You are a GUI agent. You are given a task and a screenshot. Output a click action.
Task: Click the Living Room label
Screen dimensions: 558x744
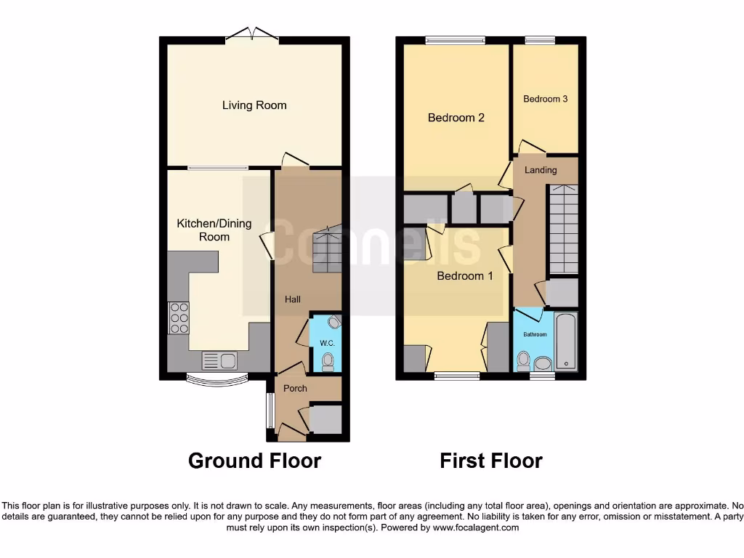pos(254,105)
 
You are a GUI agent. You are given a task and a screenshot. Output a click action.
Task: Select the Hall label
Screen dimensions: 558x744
pos(293,299)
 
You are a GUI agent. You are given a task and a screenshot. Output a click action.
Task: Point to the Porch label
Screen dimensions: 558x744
pos(295,388)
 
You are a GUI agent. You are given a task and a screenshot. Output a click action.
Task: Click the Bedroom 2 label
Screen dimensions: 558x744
pos(456,118)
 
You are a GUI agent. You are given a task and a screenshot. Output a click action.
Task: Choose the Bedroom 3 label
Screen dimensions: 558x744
pos(545,99)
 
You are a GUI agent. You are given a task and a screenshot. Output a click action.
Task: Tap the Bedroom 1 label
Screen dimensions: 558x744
pos(465,276)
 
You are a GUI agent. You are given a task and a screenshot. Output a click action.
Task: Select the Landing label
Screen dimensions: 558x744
pos(541,170)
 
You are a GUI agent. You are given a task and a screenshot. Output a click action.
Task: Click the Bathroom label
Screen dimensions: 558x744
pos(535,334)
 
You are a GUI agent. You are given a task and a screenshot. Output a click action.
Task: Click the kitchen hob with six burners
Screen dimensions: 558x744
pos(179,318)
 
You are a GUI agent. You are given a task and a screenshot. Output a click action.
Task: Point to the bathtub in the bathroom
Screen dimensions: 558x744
pos(566,341)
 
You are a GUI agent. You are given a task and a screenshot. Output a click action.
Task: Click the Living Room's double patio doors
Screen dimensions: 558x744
pos(251,36)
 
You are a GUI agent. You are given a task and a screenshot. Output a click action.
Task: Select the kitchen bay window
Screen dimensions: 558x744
pos(217,380)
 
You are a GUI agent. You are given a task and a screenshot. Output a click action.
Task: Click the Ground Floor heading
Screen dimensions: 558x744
pos(254,461)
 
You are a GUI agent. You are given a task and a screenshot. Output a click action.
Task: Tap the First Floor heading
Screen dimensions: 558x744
pos(491,461)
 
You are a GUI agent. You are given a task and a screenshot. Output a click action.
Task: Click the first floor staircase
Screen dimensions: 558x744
pos(563,228)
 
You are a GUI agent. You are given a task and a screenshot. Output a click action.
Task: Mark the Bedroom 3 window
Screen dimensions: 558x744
pos(539,41)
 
